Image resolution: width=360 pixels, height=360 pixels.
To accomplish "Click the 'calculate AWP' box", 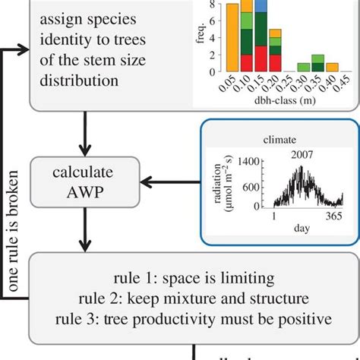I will [x=85, y=182].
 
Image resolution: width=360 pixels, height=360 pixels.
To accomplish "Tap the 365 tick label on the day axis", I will [x=333, y=216].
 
